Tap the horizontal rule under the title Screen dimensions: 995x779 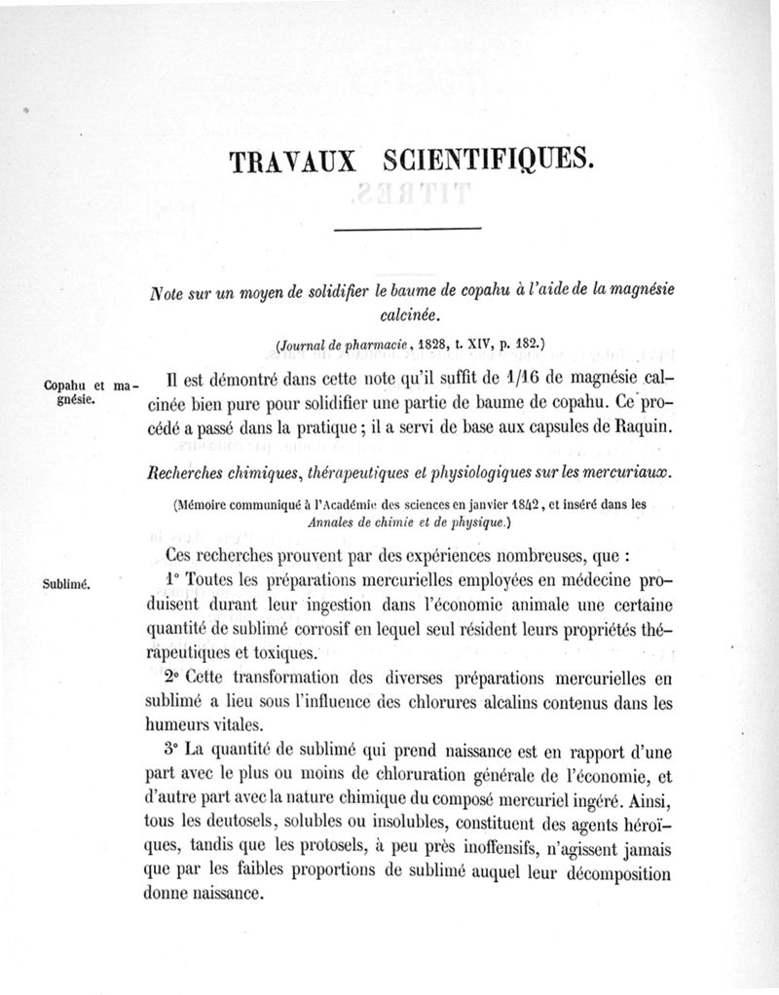point(408,229)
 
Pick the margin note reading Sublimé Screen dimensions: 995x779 point(66,584)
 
